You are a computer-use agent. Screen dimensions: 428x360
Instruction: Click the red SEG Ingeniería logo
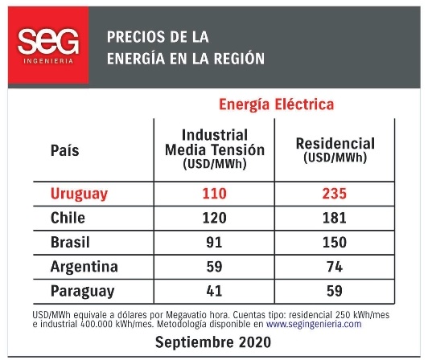[x=48, y=45]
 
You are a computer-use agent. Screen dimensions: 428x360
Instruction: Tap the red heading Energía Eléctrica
[x=276, y=104]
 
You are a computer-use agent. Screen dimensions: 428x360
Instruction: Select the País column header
[x=64, y=150]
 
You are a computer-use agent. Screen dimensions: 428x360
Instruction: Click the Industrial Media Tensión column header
[x=215, y=149]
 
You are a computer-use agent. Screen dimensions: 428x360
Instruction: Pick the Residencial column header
[x=335, y=150]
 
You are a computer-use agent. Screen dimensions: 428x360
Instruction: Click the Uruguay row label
[x=79, y=194]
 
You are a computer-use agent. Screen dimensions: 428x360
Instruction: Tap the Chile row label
[x=68, y=218]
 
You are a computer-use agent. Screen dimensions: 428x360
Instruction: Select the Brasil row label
[x=70, y=242]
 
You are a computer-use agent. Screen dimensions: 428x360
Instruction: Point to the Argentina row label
[x=84, y=267]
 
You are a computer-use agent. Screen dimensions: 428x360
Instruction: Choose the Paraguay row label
[x=82, y=291]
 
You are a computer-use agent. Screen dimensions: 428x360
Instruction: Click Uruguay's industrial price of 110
[x=215, y=194]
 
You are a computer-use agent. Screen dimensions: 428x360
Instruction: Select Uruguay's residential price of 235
[x=335, y=194]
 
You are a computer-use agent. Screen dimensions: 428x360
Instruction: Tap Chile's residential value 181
[x=335, y=218]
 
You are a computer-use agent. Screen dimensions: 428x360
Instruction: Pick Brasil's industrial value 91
[x=214, y=242]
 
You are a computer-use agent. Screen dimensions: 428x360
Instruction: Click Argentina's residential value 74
[x=335, y=267]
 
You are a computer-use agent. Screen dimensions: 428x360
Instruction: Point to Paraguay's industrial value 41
[x=214, y=291]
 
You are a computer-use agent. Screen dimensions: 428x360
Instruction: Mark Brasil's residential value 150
[x=335, y=242]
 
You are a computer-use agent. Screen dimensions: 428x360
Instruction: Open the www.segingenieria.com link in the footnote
[x=314, y=325]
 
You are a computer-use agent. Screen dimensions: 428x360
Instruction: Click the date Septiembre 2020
[x=213, y=342]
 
